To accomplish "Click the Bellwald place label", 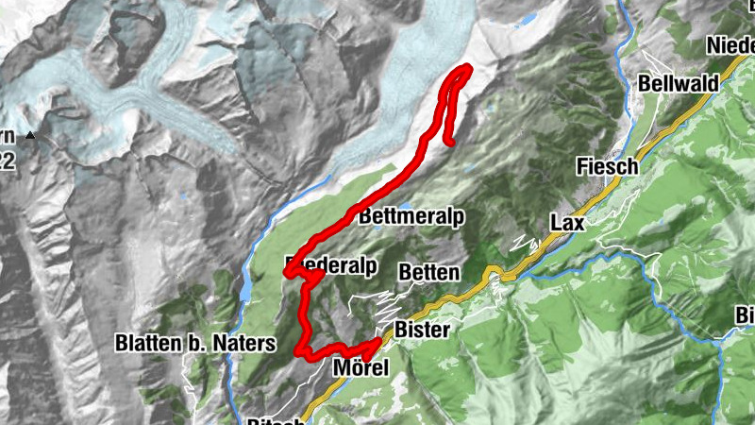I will pyautogui.click(x=678, y=83).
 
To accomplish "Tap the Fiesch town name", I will pyautogui.click(x=608, y=166).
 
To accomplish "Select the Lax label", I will pyautogui.click(x=568, y=224).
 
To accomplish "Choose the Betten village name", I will pyautogui.click(x=429, y=272).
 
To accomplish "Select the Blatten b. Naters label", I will pyautogui.click(x=195, y=343).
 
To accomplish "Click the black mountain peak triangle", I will pyautogui.click(x=30, y=136).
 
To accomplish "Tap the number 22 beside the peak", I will pyautogui.click(x=7, y=161).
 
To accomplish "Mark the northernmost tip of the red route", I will pyautogui.click(x=464, y=68).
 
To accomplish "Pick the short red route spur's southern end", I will pyautogui.click(x=452, y=143).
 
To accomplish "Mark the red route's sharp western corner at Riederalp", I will pyautogui.click(x=286, y=273).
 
